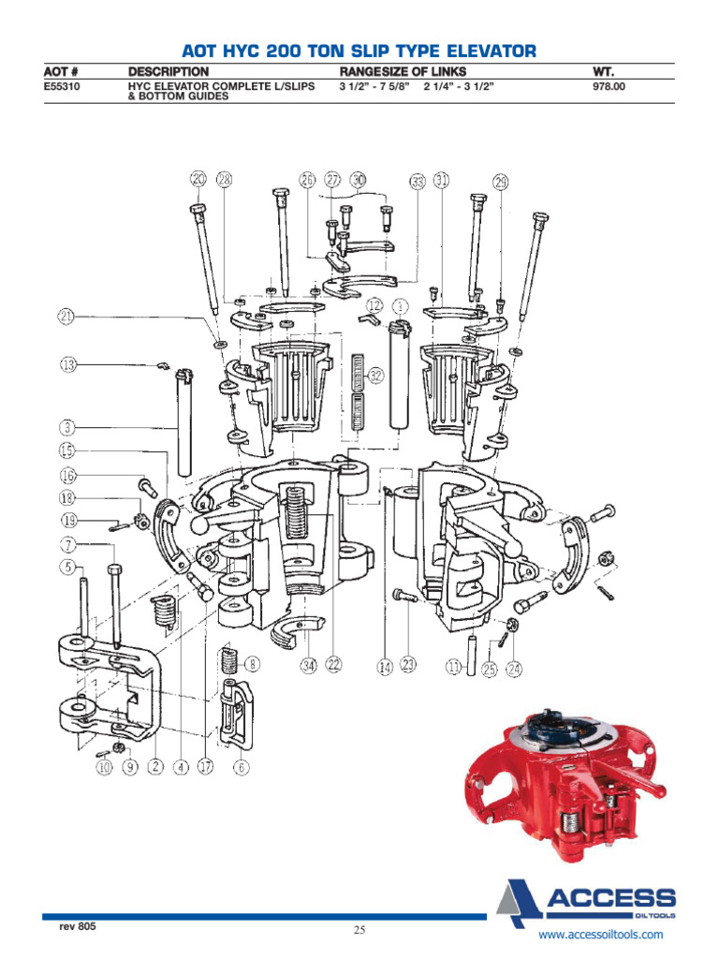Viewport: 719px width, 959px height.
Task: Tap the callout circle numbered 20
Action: pyautogui.click(x=198, y=179)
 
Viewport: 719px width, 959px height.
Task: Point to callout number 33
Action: pyautogui.click(x=418, y=180)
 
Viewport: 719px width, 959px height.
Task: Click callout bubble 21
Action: pyautogui.click(x=66, y=317)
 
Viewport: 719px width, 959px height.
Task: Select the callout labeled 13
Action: pyautogui.click(x=67, y=364)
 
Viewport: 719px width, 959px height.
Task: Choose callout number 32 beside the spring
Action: pyautogui.click(x=375, y=376)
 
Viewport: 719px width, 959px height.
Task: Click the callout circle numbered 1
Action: pyautogui.click(x=400, y=305)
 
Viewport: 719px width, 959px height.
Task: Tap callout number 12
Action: pyautogui.click(x=374, y=305)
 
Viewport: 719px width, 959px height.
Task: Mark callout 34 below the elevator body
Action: pyautogui.click(x=308, y=666)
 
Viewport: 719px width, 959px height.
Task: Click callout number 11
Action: pyautogui.click(x=453, y=667)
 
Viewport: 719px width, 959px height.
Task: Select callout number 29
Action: pyautogui.click(x=501, y=181)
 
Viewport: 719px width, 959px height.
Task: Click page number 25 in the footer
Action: pyautogui.click(x=359, y=930)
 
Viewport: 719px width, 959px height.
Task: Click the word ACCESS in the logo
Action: pyautogui.click(x=610, y=896)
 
